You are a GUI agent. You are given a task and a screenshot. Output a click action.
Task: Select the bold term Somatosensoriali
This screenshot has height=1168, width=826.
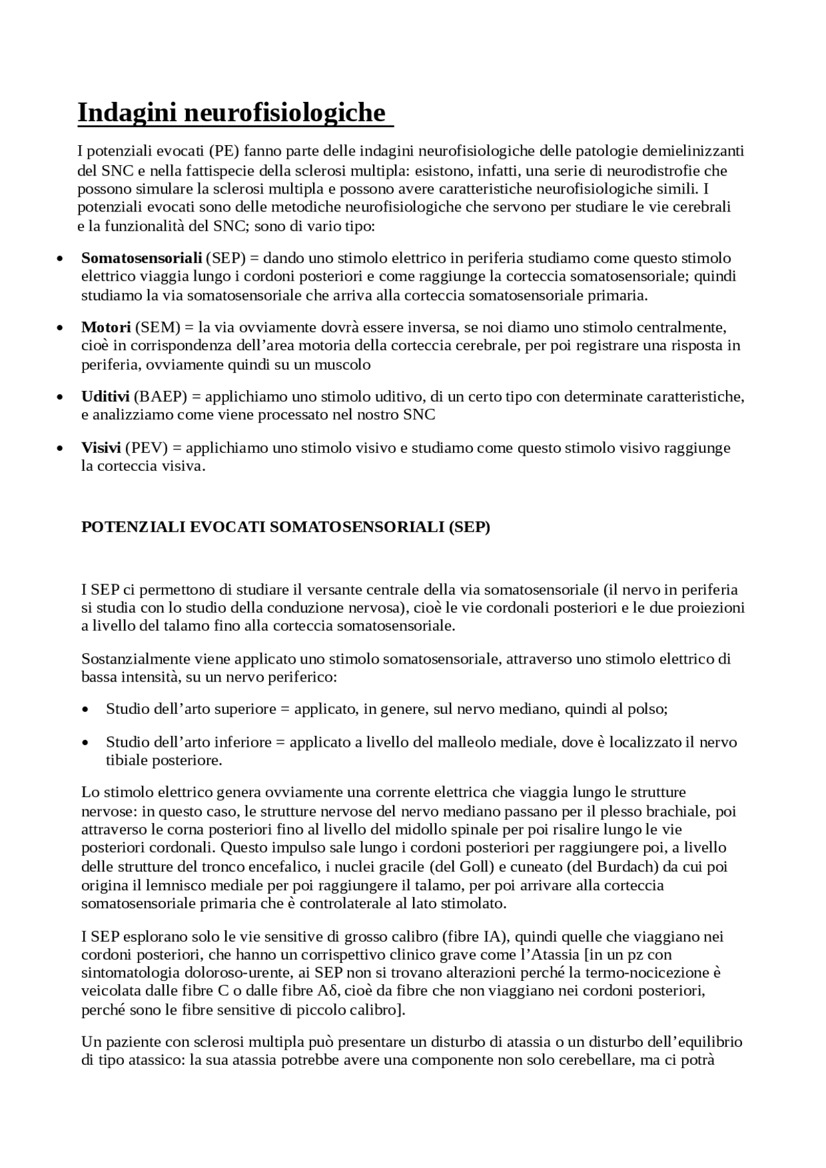(141, 258)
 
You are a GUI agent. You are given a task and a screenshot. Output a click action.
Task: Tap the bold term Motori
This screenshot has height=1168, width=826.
(106, 327)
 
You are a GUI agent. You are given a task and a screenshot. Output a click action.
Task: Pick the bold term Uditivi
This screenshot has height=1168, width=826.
(105, 396)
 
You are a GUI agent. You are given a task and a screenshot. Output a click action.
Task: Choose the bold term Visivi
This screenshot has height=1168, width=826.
(101, 448)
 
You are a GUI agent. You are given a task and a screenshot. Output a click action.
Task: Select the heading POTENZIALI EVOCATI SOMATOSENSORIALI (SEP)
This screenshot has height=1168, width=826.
(285, 527)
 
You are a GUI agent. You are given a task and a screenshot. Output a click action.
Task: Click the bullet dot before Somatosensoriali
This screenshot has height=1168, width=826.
(60, 259)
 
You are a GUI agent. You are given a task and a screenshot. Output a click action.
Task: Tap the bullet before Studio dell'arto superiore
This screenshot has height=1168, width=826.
(85, 710)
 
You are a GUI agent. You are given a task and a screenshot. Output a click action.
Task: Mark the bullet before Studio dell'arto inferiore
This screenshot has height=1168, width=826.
(85, 743)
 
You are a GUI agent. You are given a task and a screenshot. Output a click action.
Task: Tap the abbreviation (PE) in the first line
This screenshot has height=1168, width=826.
(224, 151)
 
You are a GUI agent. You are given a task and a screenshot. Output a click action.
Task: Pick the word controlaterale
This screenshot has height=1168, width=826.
(347, 903)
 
